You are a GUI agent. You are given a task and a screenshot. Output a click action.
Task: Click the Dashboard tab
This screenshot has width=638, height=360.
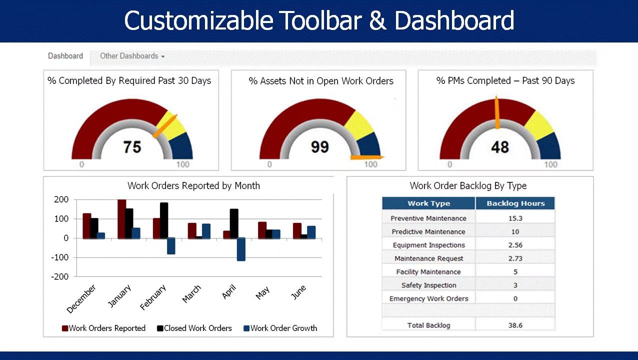pyautogui.click(x=65, y=56)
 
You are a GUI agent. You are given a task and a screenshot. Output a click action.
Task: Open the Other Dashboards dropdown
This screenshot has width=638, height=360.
pyautogui.click(x=132, y=56)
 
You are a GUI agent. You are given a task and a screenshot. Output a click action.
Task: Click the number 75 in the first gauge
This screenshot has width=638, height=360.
pyautogui.click(x=132, y=147)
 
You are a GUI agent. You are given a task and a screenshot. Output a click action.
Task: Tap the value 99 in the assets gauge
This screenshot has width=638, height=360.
pyautogui.click(x=319, y=147)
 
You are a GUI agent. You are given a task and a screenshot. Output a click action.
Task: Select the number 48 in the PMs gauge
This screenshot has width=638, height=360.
pyautogui.click(x=499, y=147)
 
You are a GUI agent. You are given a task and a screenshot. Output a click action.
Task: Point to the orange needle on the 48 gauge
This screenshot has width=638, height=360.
pyautogui.click(x=497, y=112)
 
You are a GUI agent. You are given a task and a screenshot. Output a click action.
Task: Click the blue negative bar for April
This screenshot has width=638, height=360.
pyautogui.click(x=241, y=249)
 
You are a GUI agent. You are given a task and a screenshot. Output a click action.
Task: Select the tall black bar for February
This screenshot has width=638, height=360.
pyautogui.click(x=164, y=220)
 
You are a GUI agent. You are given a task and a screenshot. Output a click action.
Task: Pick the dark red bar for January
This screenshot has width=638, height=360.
pyautogui.click(x=121, y=219)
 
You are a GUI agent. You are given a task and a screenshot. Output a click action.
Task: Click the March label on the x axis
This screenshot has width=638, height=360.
pyautogui.click(x=191, y=294)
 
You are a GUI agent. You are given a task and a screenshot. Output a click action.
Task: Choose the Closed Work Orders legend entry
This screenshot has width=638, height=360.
pyautogui.click(x=194, y=328)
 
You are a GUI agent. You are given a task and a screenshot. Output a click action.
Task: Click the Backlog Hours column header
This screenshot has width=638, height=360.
pyautogui.click(x=515, y=203)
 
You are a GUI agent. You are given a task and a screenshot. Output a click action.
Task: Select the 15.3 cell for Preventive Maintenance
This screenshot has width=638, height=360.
pyautogui.click(x=515, y=218)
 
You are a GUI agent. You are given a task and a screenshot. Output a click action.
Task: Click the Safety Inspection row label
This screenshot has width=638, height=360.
pyautogui.click(x=428, y=285)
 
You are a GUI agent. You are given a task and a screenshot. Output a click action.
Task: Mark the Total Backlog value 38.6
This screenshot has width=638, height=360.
pyautogui.click(x=515, y=325)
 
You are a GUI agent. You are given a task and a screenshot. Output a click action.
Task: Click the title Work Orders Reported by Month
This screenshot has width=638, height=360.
pyautogui.click(x=193, y=186)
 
